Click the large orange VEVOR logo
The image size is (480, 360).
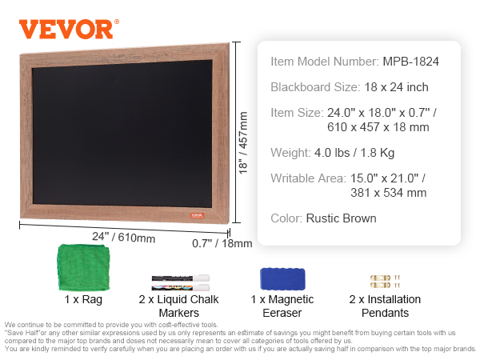(x=69, y=29)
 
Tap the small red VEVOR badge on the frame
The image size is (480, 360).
(x=197, y=215)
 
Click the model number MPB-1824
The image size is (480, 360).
(x=411, y=62)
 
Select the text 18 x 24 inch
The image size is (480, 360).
(x=396, y=87)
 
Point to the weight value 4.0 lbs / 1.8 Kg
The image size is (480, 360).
(x=354, y=153)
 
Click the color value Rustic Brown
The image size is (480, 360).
(x=341, y=218)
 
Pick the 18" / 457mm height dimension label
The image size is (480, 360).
(x=243, y=143)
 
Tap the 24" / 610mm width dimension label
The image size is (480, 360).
(x=124, y=238)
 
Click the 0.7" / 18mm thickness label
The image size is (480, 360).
(x=222, y=243)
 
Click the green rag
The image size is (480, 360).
(x=83, y=267)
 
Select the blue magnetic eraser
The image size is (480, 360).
(x=282, y=278)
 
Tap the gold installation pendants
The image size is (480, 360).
(x=385, y=282)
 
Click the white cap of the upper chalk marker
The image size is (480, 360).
(x=201, y=278)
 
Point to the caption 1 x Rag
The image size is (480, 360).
(x=83, y=299)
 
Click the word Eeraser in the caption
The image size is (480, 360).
(x=282, y=313)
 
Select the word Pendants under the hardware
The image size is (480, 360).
(x=385, y=313)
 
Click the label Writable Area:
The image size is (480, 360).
(x=308, y=178)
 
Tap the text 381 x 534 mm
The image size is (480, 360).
(x=389, y=193)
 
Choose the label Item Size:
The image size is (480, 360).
(x=297, y=113)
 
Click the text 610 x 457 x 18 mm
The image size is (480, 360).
(x=378, y=127)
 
